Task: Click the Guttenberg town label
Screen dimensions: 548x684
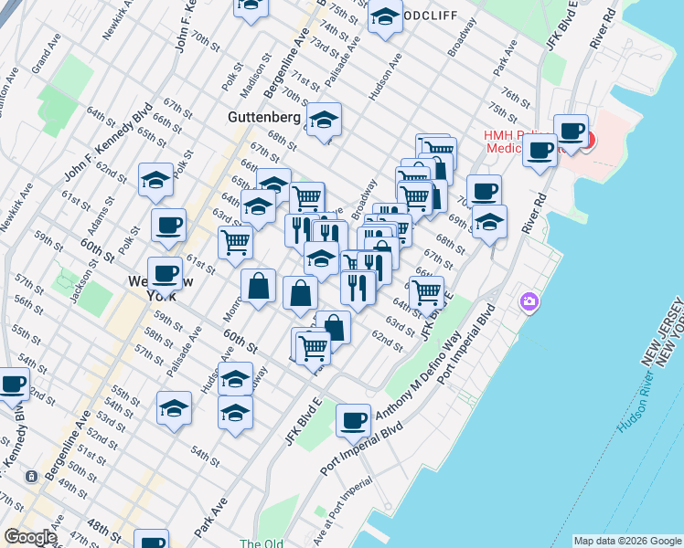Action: pyautogui.click(x=262, y=118)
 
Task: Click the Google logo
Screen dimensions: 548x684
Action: pyautogui.click(x=30, y=537)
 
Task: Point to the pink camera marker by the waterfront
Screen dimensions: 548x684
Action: pyautogui.click(x=529, y=301)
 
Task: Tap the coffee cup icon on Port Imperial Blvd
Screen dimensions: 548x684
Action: pyautogui.click(x=353, y=420)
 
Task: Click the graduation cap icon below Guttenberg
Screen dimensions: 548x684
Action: pyautogui.click(x=324, y=120)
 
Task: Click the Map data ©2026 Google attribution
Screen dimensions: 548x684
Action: pyautogui.click(x=626, y=541)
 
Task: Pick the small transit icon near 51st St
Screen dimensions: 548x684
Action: pyautogui.click(x=31, y=477)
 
